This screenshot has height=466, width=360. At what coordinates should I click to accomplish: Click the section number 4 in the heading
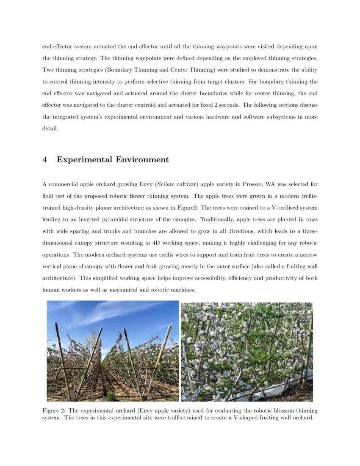[45, 160]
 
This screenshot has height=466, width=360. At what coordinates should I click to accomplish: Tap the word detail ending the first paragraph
[50, 128]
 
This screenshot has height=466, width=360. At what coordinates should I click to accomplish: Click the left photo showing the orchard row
[113, 351]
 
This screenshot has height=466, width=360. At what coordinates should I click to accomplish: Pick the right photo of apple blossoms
[247, 351]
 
